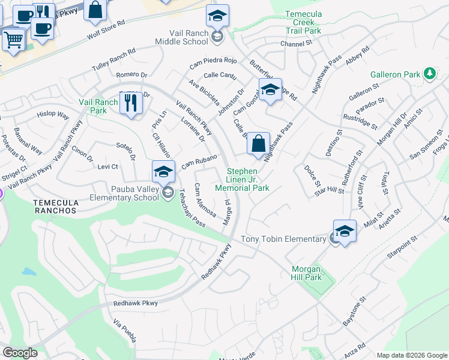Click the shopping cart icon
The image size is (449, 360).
tap(13, 40)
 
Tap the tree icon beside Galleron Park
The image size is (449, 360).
tap(429, 74)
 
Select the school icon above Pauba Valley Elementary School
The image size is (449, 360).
tap(163, 172)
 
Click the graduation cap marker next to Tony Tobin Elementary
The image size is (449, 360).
tap(345, 232)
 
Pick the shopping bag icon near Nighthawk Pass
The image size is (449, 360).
tap(258, 144)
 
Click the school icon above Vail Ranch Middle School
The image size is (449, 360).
tap(217, 16)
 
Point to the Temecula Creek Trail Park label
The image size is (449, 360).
tap(303, 22)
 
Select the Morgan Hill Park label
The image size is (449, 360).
tap(307, 273)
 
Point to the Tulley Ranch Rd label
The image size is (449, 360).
tap(113, 60)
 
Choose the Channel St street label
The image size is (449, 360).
tap(297, 44)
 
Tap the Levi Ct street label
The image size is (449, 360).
tap(107, 166)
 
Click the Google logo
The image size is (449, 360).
tap(20, 353)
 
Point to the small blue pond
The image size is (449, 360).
tap(29, 271)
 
